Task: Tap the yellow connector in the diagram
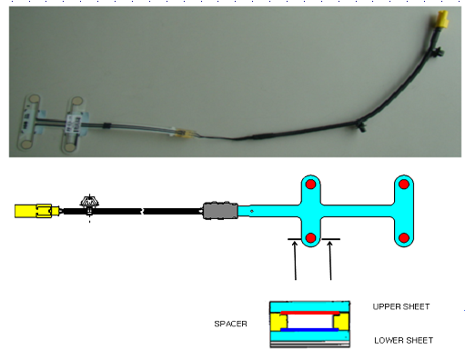click(37, 211)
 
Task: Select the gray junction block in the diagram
click(220, 210)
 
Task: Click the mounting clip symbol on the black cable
click(89, 204)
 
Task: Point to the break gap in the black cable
click(142, 211)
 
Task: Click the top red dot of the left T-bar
click(310, 185)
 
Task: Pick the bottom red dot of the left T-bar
click(310, 238)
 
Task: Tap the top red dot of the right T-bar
click(404, 185)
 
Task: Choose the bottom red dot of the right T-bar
click(404, 238)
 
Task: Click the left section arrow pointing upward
click(295, 260)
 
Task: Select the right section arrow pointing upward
click(330, 260)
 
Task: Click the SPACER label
click(230, 324)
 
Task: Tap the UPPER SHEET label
click(401, 306)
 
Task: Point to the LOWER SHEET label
click(403, 340)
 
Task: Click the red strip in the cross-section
click(309, 313)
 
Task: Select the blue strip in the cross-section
click(309, 329)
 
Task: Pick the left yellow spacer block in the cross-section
click(278, 322)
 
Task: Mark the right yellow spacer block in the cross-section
click(341, 322)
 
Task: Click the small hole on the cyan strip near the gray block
click(251, 211)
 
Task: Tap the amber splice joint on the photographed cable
click(184, 134)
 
